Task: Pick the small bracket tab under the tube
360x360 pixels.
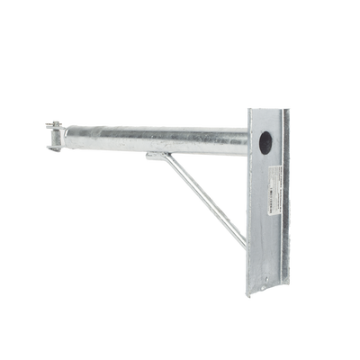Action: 155,158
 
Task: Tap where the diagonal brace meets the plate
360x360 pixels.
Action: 241,244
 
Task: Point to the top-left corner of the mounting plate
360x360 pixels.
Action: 247,108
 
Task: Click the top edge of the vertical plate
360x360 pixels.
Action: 268,108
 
